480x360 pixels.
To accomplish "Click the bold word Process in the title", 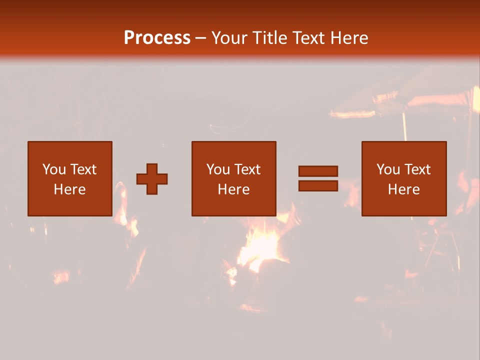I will pos(157,38).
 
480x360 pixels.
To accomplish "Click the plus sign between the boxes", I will pos(152,179).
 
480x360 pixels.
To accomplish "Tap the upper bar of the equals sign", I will pos(318,171).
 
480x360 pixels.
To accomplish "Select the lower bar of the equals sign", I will pos(318,186).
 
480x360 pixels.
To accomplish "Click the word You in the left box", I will pos(54,169).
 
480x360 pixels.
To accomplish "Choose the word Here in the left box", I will pos(69,189).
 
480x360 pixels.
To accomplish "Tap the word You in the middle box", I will pos(218,169).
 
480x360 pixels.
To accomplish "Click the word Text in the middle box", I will pos(247,169).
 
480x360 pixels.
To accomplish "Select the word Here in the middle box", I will pos(233,189).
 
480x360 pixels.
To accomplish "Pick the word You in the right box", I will pos(388,169).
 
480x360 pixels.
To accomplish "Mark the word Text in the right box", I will pos(417,169).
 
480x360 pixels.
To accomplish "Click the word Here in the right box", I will pos(403,189).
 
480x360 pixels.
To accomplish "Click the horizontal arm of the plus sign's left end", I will pos(140,179).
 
